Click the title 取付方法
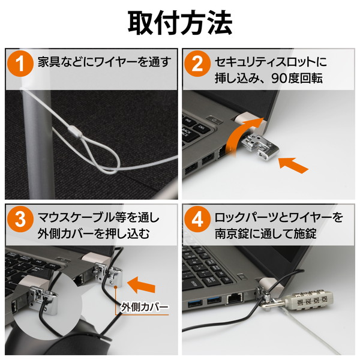180,23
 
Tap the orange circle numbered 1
20,64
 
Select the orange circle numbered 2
197,64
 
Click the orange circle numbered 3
20,219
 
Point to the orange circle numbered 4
197,219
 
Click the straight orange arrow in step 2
293,164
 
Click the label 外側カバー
145,307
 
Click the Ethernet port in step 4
235,298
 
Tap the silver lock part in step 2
260,148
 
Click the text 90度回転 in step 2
297,79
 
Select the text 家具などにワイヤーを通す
104,62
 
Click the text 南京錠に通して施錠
266,234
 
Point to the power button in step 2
214,119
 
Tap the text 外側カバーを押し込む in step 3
94,234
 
